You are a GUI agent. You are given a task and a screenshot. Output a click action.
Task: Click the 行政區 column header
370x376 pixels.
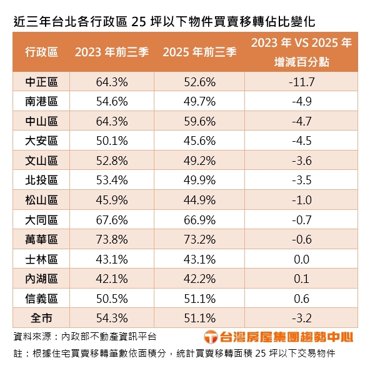(41, 52)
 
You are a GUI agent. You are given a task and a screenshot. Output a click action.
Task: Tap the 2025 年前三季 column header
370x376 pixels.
(199, 52)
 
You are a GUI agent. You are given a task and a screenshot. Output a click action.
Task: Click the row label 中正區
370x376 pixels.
(41, 81)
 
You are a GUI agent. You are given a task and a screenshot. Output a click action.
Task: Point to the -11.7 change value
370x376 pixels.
(305, 81)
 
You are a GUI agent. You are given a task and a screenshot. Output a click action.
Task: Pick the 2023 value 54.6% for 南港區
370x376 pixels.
(112, 101)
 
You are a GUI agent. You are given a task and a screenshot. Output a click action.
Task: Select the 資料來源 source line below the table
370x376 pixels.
(85, 336)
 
